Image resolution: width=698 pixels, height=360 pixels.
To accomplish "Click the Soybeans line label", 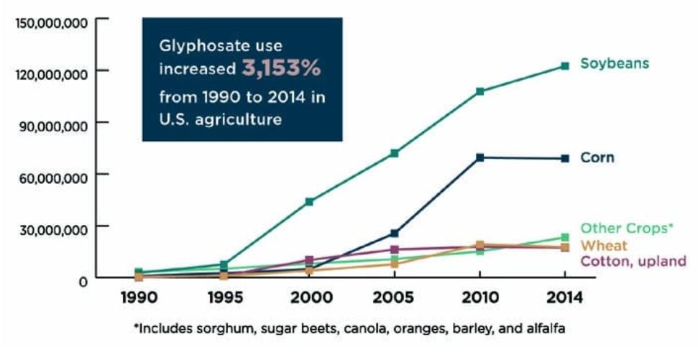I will click(x=615, y=63).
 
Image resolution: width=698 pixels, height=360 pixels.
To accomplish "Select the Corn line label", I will click(x=597, y=157).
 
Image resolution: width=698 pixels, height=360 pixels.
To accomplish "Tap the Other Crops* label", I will click(x=626, y=229).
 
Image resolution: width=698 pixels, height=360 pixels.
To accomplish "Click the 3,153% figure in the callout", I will click(x=280, y=70).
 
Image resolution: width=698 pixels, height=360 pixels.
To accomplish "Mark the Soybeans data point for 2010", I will click(x=479, y=91).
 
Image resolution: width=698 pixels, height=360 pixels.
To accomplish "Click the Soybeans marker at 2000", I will click(x=309, y=202).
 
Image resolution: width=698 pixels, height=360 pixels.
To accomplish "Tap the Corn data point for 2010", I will click(x=479, y=157).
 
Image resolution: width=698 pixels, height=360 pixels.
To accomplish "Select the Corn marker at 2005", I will click(x=394, y=233).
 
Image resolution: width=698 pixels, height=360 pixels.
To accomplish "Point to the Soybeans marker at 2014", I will click(x=565, y=66).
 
